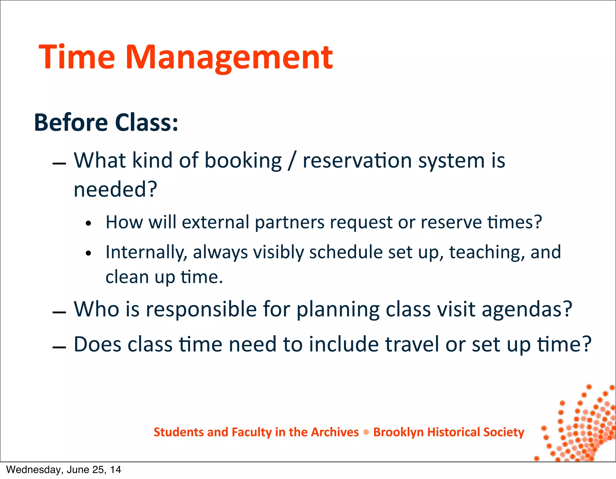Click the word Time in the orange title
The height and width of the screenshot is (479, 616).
pyautogui.click(x=77, y=57)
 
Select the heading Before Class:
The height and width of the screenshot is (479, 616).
pyautogui.click(x=106, y=123)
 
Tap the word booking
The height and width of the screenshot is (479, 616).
pyautogui.click(x=243, y=161)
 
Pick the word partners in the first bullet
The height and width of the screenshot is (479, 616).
pyautogui.click(x=289, y=223)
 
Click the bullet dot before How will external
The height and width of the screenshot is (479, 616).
pyautogui.click(x=88, y=224)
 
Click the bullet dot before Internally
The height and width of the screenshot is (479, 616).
pyautogui.click(x=88, y=253)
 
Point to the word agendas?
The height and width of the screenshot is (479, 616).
pyautogui.click(x=527, y=310)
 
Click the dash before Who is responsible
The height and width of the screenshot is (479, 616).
pyautogui.click(x=59, y=313)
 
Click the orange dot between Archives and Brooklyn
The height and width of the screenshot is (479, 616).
pyautogui.click(x=366, y=432)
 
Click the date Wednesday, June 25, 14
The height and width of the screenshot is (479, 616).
pyautogui.click(x=63, y=470)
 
